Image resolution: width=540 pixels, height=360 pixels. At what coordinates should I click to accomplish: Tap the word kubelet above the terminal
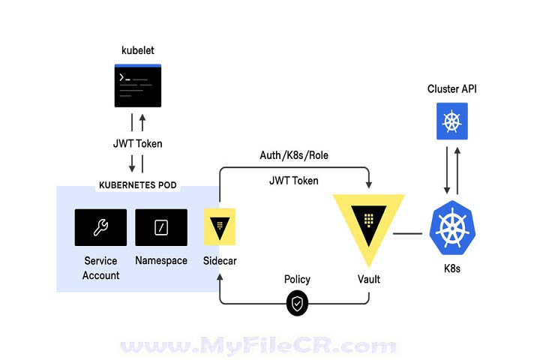point(138,51)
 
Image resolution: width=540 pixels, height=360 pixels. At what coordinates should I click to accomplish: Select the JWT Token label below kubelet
point(137,143)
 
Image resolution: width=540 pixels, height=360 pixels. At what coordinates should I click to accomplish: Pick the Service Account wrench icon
point(100,228)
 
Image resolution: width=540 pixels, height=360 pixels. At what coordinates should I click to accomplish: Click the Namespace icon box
point(160,228)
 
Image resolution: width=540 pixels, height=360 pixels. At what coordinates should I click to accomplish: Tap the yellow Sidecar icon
point(220,228)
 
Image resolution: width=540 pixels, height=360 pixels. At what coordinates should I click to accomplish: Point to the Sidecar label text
point(220,261)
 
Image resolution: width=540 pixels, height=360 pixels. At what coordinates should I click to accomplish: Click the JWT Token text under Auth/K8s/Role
point(293,181)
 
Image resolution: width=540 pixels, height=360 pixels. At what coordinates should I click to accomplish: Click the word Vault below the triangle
point(368,279)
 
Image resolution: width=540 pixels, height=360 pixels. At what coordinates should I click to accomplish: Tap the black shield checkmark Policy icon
point(298,304)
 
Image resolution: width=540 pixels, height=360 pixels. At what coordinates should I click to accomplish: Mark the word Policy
point(298,279)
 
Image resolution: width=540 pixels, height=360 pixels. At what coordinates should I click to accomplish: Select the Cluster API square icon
point(452,121)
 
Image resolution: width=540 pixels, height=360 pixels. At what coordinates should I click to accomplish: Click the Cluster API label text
point(452,89)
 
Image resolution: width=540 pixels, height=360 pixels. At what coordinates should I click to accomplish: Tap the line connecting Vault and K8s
point(408,234)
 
